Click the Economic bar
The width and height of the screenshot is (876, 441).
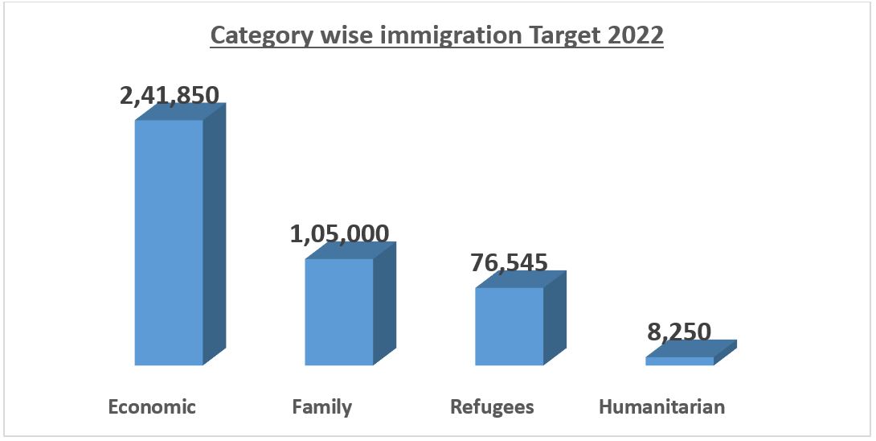coord(169,241)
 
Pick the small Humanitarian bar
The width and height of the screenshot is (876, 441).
coord(679,361)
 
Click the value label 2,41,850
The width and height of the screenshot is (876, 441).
coord(169,95)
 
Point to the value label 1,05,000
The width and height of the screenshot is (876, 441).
coord(339,233)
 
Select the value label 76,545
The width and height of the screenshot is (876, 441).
coord(510,262)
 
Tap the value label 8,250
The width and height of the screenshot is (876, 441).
coord(680,331)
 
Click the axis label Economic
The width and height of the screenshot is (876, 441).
coord(152,406)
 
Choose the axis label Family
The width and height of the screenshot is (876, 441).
coord(322,406)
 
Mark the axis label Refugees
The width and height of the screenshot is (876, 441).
coord(492,406)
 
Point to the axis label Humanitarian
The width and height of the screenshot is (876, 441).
coord(661,406)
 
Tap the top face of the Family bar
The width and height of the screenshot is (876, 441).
coord(350,249)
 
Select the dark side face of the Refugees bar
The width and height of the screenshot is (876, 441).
coord(555,318)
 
